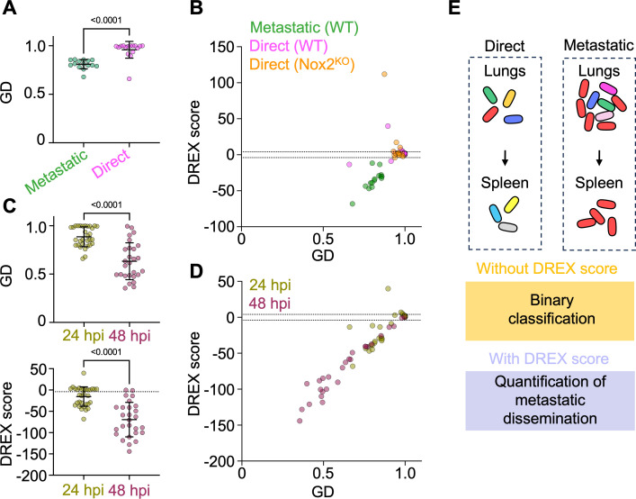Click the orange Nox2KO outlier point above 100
(384, 74)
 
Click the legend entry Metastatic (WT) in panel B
(304, 27)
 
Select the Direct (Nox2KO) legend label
(302, 64)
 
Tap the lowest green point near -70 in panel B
(353, 204)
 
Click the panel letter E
(454, 8)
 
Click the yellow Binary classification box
(550, 311)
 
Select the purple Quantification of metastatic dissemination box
(550, 400)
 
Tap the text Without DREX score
(547, 268)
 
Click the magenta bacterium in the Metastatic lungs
(608, 88)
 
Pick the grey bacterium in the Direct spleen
(508, 227)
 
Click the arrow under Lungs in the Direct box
(505, 159)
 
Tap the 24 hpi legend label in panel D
(270, 285)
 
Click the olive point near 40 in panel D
(388, 288)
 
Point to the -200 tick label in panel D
(219, 462)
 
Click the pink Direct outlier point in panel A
(129, 78)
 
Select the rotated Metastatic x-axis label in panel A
(56, 172)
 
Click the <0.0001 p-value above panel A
(106, 20)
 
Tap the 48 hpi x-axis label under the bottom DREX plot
(130, 491)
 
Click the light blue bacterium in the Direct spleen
(496, 213)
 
